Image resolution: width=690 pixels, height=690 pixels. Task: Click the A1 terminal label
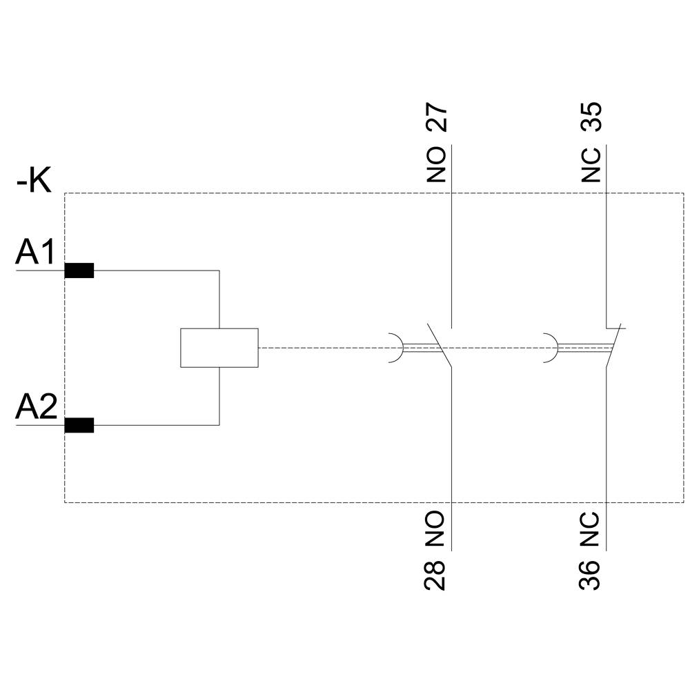pyautogui.click(x=35, y=253)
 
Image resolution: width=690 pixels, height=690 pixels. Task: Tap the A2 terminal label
pyautogui.click(x=36, y=408)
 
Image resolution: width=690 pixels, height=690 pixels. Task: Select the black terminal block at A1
pyautogui.click(x=79, y=270)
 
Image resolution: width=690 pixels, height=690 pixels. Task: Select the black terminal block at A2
pyautogui.click(x=79, y=426)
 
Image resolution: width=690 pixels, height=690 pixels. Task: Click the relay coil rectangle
pyautogui.click(x=219, y=348)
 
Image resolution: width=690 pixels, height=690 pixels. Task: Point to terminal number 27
pyautogui.click(x=437, y=118)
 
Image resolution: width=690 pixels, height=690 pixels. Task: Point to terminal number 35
pyautogui.click(x=591, y=117)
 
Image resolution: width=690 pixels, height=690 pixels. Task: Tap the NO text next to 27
pyautogui.click(x=437, y=164)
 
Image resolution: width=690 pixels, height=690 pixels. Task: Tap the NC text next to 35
pyautogui.click(x=591, y=164)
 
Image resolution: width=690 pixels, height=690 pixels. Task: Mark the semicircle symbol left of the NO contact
pyautogui.click(x=396, y=348)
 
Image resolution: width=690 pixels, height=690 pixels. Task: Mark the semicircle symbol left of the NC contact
pyautogui.click(x=551, y=348)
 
